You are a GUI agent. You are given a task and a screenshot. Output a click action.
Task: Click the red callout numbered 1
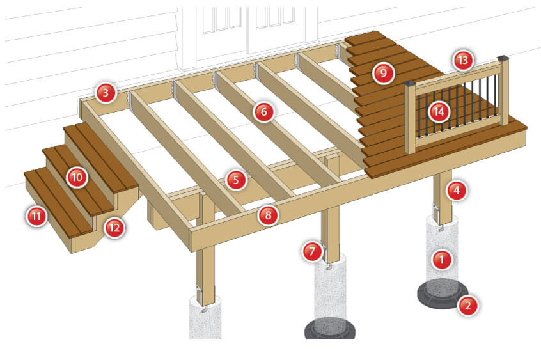[442, 259]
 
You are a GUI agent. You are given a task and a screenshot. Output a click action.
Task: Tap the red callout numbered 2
[468, 305]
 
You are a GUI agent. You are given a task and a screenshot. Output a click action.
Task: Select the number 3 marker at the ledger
[106, 93]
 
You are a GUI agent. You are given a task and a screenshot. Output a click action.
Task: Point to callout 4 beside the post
[457, 190]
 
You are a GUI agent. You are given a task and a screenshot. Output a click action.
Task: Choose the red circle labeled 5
[236, 180]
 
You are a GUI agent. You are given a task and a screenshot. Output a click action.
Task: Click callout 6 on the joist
[264, 111]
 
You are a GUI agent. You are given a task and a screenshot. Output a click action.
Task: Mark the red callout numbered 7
[312, 251]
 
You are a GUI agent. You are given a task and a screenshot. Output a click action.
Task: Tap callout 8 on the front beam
[268, 215]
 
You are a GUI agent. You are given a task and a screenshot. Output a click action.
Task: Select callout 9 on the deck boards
[383, 73]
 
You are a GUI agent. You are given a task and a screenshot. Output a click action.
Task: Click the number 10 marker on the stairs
[77, 177]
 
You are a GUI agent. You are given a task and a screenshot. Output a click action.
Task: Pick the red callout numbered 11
[36, 216]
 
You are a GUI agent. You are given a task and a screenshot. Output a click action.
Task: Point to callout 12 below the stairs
[114, 228]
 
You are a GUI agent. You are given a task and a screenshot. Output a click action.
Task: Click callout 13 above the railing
[463, 60]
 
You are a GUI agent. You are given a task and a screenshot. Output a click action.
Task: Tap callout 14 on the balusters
[439, 111]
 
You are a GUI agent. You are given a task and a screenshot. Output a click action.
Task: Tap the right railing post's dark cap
[503, 59]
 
